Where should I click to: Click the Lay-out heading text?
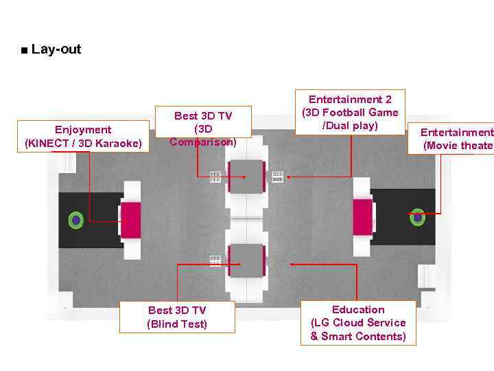click(56, 49)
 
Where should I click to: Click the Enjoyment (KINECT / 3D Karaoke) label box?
click(83, 136)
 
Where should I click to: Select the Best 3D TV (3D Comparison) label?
click(203, 129)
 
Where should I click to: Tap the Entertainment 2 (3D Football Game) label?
click(350, 112)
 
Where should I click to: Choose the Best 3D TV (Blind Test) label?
click(177, 317)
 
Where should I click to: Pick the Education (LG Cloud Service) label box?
click(358, 322)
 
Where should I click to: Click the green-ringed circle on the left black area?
click(76, 221)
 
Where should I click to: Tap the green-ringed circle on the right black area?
click(417, 217)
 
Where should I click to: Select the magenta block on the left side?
click(130, 220)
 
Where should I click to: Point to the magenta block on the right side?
click(362, 216)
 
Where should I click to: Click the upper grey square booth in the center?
click(246, 177)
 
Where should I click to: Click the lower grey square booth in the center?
click(246, 260)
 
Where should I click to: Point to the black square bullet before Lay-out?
click(25, 50)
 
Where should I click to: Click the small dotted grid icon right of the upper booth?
click(278, 177)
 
